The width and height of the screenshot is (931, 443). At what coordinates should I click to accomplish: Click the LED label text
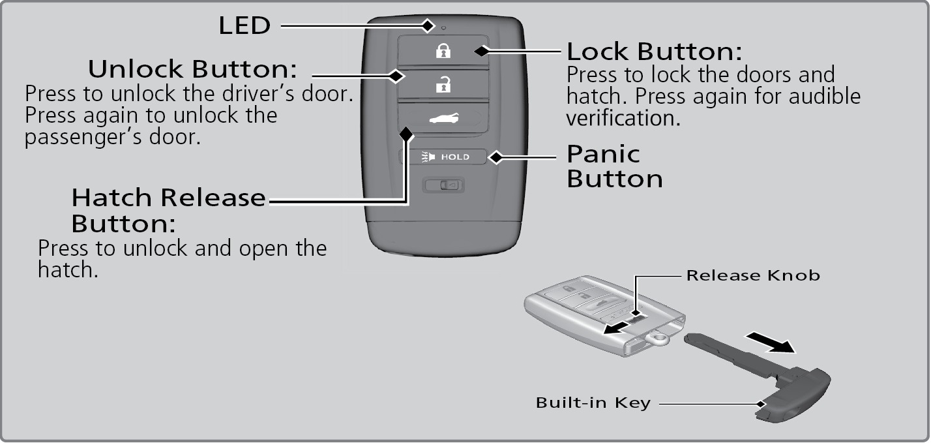(243, 25)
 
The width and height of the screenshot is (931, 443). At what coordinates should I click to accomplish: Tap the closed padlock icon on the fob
(443, 51)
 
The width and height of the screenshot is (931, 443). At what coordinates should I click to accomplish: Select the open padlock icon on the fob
(443, 84)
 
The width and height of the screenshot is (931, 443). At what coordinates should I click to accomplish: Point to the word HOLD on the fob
(455, 157)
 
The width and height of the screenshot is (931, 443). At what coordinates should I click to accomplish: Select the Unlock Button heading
(193, 69)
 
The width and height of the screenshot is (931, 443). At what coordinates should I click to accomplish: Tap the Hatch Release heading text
(169, 196)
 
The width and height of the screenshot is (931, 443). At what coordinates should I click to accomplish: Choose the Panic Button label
(614, 166)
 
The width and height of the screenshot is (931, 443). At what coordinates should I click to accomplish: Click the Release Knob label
(752, 275)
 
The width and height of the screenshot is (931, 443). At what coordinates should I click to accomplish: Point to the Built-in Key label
(593, 403)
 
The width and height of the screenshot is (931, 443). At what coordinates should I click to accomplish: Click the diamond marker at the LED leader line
(428, 25)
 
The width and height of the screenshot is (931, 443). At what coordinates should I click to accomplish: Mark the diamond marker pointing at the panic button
(495, 157)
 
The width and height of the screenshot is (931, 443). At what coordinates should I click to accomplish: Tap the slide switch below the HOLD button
(443, 185)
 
